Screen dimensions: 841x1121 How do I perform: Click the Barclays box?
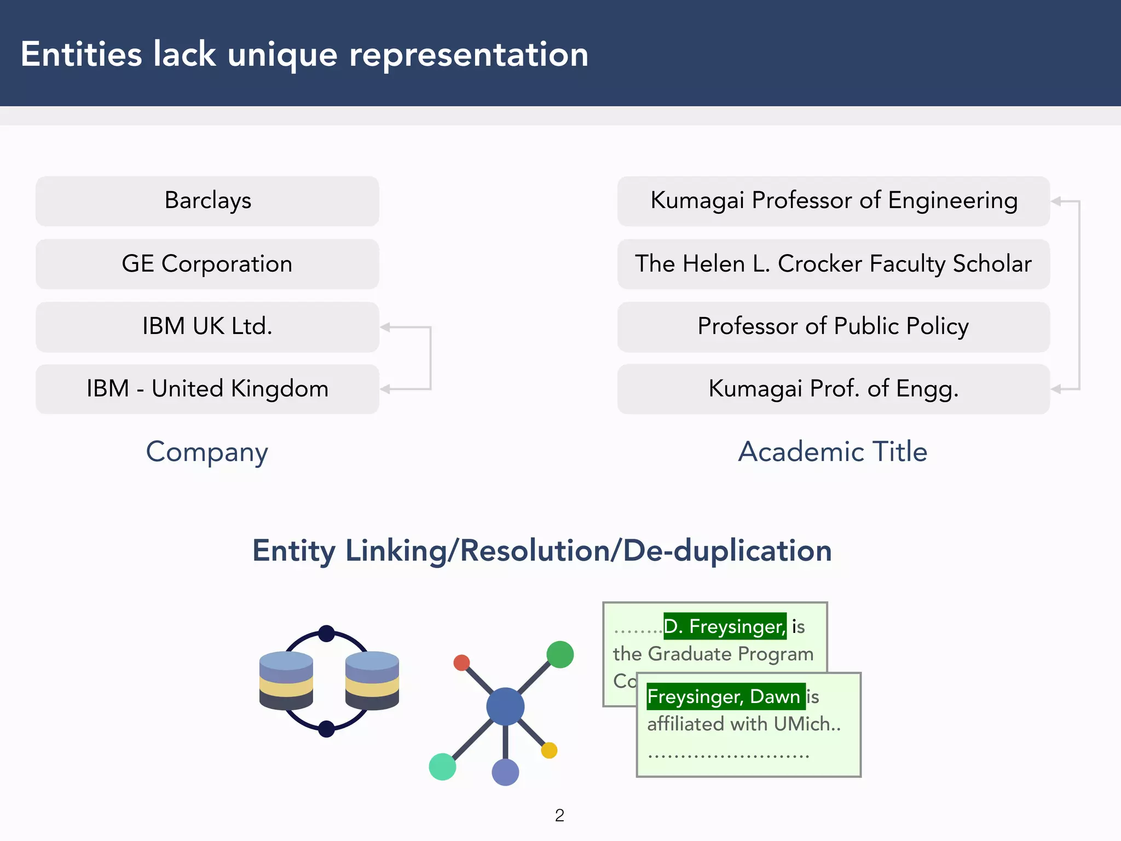(x=207, y=201)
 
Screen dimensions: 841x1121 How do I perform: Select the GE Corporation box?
(x=207, y=264)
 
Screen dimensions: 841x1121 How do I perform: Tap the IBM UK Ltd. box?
(x=207, y=327)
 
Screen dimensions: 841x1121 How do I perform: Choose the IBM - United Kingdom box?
(x=207, y=389)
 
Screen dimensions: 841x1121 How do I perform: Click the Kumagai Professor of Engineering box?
(x=834, y=201)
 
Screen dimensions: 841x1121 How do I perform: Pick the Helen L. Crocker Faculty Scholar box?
(x=834, y=264)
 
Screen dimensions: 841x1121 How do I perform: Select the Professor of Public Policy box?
(x=834, y=327)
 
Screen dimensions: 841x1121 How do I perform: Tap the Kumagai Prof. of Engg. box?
(x=834, y=389)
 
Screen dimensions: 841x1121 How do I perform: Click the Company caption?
(x=207, y=452)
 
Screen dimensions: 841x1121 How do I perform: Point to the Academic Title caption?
(x=833, y=452)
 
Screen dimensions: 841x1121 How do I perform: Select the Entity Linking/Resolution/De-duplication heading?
(x=542, y=551)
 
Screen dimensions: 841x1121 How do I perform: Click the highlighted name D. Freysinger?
(x=725, y=626)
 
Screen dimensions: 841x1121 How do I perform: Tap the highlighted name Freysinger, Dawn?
(x=725, y=696)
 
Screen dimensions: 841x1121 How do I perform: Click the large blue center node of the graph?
(x=505, y=706)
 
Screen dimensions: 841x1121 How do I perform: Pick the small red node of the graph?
(x=461, y=663)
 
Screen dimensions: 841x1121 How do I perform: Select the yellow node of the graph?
(x=549, y=750)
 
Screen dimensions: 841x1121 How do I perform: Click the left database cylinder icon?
(x=286, y=680)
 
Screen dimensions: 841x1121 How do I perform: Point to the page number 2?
(x=559, y=815)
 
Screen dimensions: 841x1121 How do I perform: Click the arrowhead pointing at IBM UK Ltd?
(x=385, y=327)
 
